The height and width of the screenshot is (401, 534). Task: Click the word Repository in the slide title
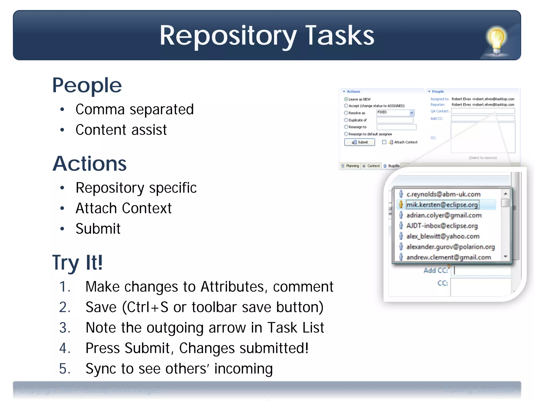coord(228,36)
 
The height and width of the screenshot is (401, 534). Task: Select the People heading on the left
coord(87,85)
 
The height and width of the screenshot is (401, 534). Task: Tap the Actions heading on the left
coord(89,164)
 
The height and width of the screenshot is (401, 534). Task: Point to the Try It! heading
coord(77,262)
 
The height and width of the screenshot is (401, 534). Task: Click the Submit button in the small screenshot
coord(359,142)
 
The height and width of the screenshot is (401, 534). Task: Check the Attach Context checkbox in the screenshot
coord(384,142)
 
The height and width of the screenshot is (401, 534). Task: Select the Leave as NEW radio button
coord(346,99)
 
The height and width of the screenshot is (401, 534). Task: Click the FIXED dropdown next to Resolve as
coord(395,113)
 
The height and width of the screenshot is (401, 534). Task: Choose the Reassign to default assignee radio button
coord(346,134)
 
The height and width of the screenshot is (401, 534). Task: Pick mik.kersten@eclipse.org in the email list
coord(442,205)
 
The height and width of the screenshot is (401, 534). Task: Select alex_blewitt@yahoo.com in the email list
coord(443,236)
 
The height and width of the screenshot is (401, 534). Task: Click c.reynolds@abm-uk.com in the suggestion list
coord(443,194)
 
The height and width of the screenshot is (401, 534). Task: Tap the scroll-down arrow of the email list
coord(505,257)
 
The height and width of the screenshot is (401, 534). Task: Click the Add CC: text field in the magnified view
coord(482,270)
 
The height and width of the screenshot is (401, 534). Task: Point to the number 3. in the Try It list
coord(65,328)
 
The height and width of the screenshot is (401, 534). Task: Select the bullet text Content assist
coord(121,130)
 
